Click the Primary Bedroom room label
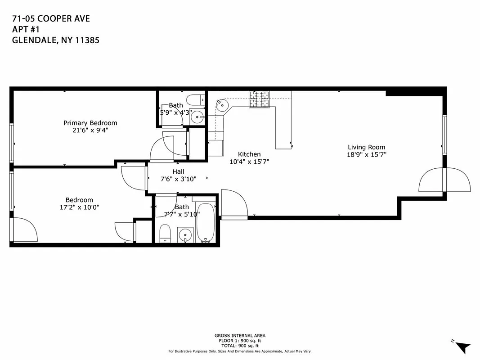point(90,123)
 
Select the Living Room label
point(366,147)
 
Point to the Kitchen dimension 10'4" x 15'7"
point(249,162)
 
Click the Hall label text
point(178,171)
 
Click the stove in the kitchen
point(260,99)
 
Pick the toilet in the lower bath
point(165,234)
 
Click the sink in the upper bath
point(197,117)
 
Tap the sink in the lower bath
point(185,234)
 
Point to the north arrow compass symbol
point(462,346)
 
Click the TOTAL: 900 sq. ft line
point(240,346)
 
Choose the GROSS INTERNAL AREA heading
point(240,336)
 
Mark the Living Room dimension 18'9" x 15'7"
point(366,154)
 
